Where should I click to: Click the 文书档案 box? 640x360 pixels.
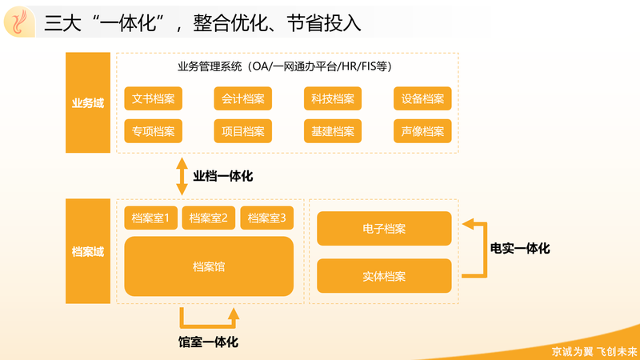[153, 98]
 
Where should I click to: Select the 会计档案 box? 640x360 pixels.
[243, 98]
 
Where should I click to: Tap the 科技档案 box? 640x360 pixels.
[333, 98]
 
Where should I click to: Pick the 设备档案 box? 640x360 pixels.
[422, 98]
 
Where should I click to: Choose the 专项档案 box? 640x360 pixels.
[153, 131]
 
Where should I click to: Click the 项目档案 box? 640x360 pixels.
[243, 131]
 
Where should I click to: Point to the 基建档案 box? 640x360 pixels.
[333, 131]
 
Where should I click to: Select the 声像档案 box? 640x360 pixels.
[422, 131]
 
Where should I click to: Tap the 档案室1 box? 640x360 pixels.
[150, 218]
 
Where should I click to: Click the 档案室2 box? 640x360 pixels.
[209, 218]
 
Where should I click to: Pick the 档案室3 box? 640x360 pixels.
[267, 218]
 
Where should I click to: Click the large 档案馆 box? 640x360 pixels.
[209, 266]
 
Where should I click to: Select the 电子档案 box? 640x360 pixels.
[384, 229]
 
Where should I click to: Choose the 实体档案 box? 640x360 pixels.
[384, 276]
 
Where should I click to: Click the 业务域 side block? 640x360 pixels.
[88, 102]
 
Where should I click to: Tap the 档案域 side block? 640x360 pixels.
[88, 251]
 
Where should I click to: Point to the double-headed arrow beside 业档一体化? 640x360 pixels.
[182, 176]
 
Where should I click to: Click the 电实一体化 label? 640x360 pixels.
[520, 248]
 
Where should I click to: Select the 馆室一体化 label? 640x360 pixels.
[208, 342]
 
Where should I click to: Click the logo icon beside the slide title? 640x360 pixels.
[19, 22]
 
